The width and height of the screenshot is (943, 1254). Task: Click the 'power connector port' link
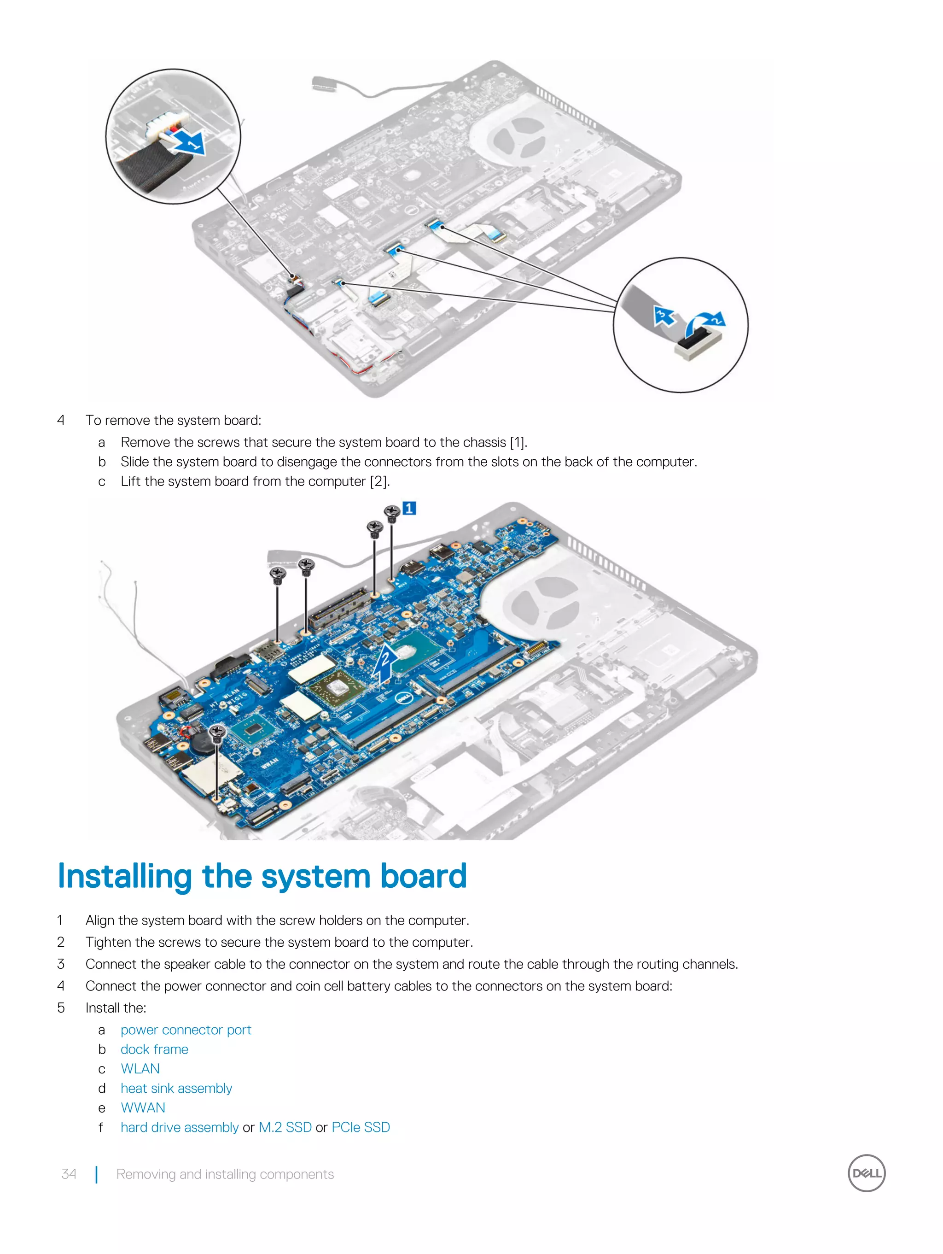click(x=186, y=1030)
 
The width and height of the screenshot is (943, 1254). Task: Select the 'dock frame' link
click(x=154, y=1049)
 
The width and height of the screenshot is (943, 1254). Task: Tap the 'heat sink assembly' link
click(x=176, y=1089)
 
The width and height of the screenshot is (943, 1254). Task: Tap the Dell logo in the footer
click(x=866, y=1173)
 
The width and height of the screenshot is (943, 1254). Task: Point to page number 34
click(x=69, y=1174)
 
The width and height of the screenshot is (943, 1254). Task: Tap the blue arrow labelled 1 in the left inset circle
click(x=188, y=142)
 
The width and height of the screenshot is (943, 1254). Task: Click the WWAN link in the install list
click(x=143, y=1108)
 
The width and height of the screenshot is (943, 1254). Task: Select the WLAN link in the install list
click(x=140, y=1069)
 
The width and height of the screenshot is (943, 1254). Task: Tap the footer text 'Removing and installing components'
click(x=225, y=1174)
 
